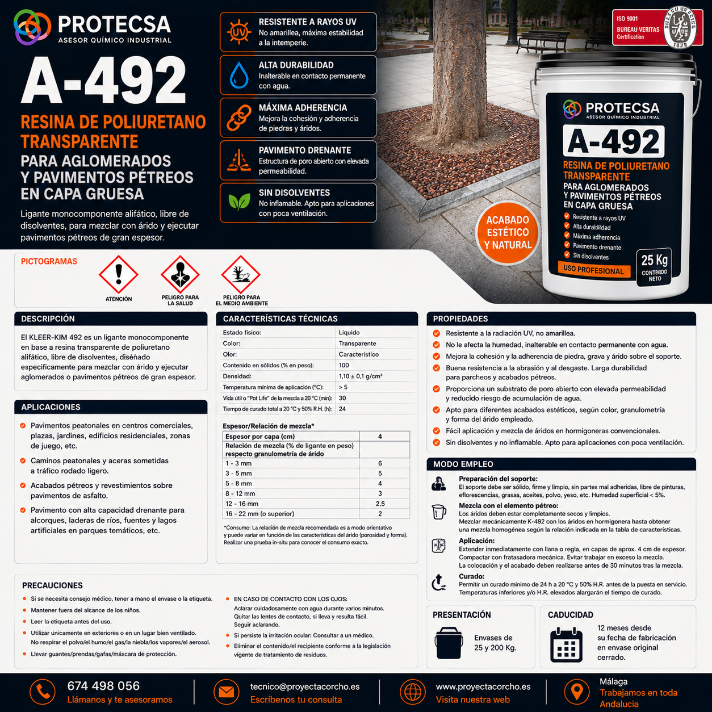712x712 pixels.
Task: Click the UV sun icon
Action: point(238,32)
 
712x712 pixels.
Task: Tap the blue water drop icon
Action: point(238,75)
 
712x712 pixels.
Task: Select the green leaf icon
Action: point(239,202)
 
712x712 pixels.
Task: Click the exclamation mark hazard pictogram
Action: point(119,275)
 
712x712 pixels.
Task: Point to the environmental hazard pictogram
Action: point(241,275)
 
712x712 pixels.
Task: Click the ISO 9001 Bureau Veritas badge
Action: point(657,28)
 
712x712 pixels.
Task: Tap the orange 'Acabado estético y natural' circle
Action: point(507,232)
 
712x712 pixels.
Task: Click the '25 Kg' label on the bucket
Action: point(654,260)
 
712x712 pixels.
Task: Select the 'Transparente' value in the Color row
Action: point(357,344)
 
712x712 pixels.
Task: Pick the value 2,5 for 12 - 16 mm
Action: point(380,504)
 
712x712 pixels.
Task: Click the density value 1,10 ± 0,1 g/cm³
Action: point(360,376)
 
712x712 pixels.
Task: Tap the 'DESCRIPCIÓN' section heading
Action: point(48,319)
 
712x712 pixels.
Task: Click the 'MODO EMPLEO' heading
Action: point(463,464)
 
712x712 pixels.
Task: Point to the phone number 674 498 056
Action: point(103,686)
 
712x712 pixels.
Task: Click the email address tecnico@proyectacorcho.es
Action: point(305,686)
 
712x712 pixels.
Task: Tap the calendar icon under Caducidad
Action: point(566,645)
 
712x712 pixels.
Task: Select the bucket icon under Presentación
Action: point(449,643)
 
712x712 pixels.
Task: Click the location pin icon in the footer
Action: point(577,692)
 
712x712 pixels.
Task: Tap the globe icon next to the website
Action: point(412,692)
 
